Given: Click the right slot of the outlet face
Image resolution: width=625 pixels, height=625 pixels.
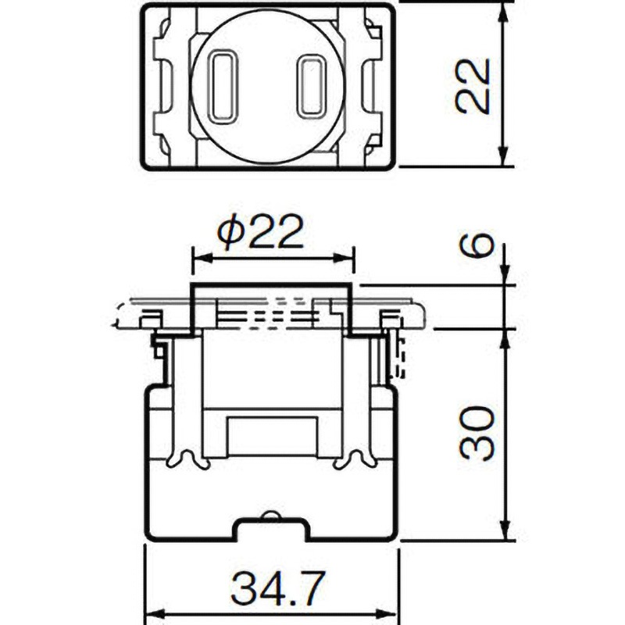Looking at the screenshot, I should coord(312,87).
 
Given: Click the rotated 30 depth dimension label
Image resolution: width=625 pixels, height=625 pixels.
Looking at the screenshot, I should coord(476,432).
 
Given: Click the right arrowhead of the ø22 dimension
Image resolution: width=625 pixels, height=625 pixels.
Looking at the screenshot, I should coord(348,257).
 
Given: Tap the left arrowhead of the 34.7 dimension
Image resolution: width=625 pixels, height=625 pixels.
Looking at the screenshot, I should coord(152,611).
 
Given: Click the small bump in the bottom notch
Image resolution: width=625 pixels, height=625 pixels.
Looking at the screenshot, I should coord(272,515).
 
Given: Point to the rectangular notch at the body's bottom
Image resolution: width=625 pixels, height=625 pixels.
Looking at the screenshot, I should coord(272,528).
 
